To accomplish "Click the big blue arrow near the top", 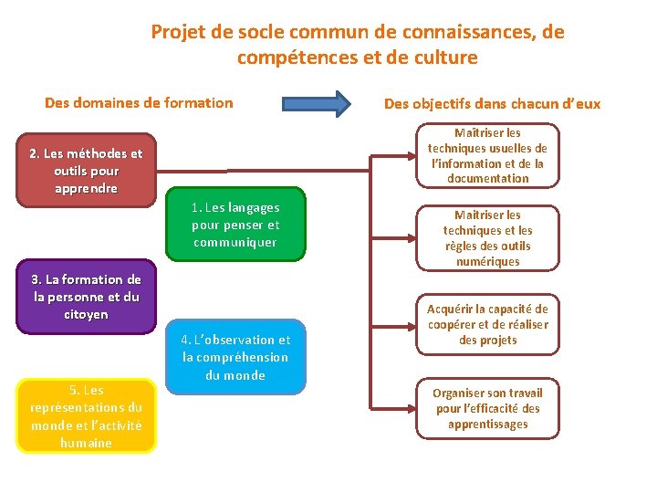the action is tap(316, 103).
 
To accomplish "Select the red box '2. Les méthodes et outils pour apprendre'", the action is tap(86, 172).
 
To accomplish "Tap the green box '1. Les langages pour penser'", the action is tap(235, 225).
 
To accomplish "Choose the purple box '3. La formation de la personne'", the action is tap(86, 297).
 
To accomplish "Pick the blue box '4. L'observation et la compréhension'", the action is tap(236, 357).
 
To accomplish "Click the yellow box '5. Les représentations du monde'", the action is tap(86, 416).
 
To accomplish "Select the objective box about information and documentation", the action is tap(488, 155).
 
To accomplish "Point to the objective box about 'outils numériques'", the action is tap(488, 236).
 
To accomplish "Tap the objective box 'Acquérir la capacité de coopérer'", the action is tap(488, 325).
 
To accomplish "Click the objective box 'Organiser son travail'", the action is tap(488, 408).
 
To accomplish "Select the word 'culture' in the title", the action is tap(444, 58).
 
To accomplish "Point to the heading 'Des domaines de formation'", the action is tap(139, 102).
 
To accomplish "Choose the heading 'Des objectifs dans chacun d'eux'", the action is tap(492, 103).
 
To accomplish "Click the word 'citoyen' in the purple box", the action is tap(86, 314).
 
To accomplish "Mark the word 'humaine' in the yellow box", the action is tap(86, 443).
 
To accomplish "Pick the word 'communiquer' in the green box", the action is tap(235, 242).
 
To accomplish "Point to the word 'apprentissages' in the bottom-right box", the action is tap(488, 424).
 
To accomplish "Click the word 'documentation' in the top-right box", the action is tap(488, 178).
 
